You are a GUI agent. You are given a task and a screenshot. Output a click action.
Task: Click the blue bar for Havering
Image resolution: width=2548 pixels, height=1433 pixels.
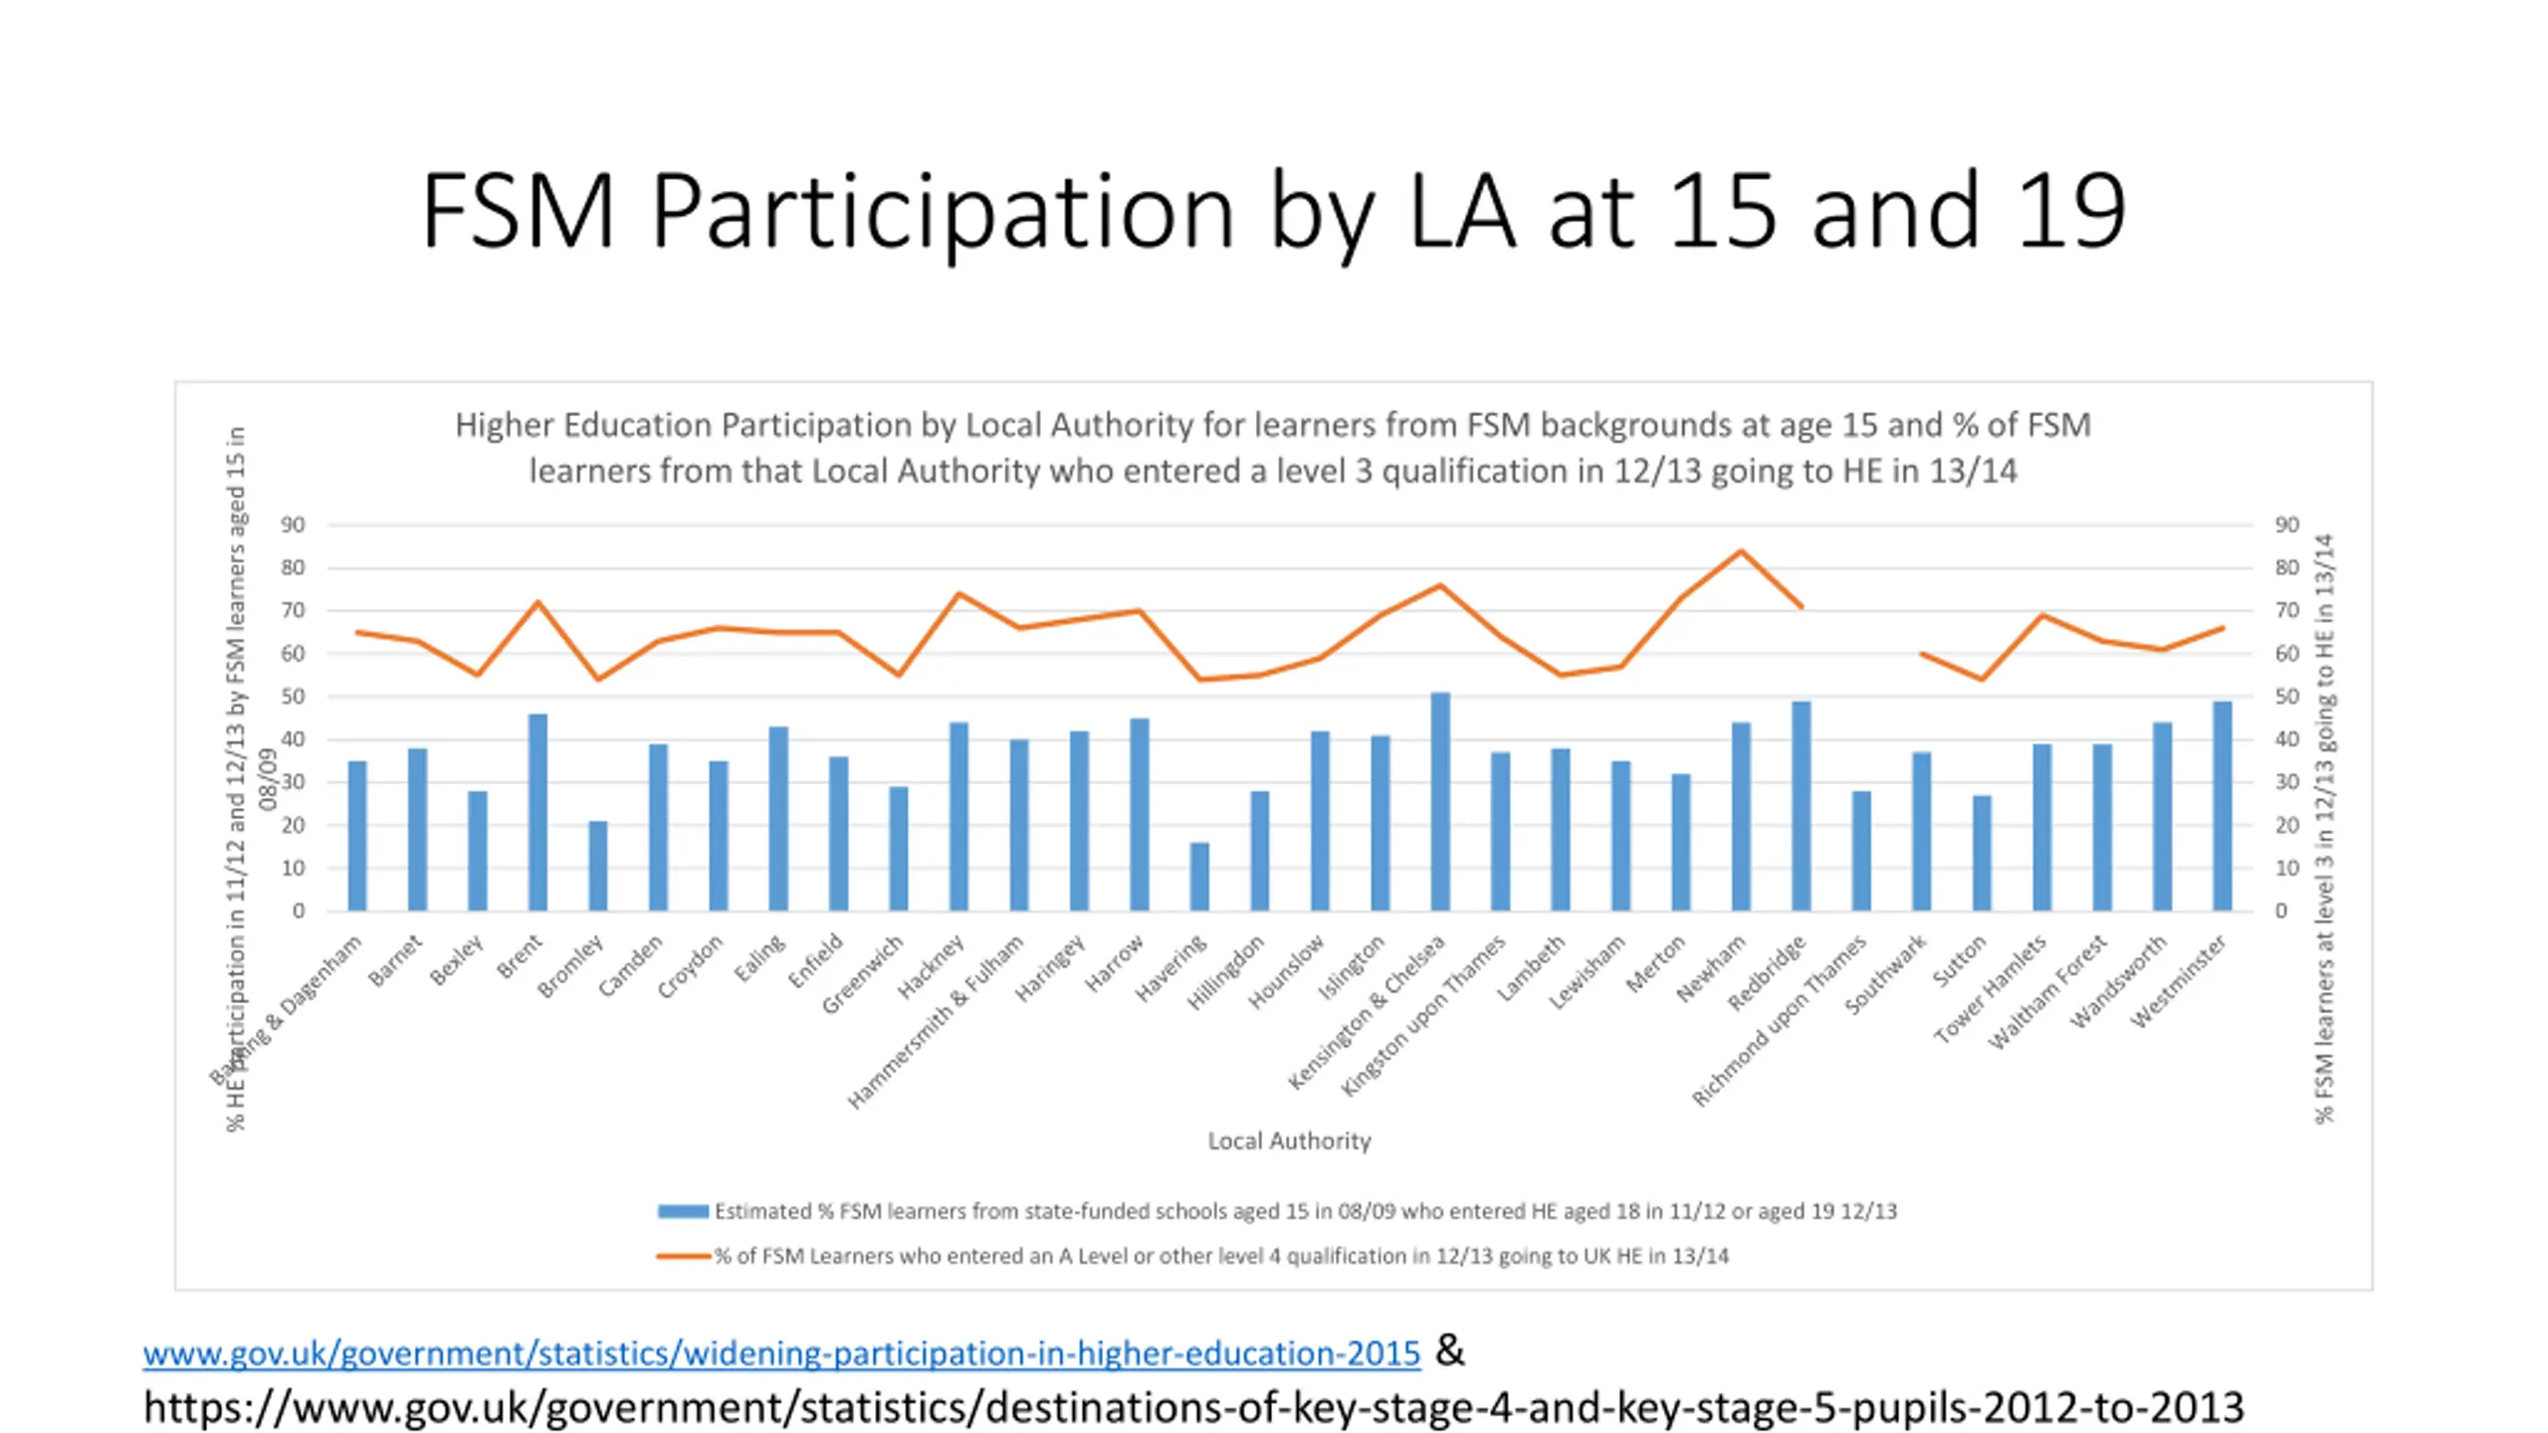(x=1199, y=877)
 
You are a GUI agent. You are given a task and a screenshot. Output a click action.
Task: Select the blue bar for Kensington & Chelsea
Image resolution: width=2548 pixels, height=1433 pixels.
(x=1440, y=802)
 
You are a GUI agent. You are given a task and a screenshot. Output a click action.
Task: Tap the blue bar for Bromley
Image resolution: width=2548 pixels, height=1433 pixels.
(x=598, y=866)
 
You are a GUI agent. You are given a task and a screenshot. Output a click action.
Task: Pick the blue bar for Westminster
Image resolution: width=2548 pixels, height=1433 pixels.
(x=2223, y=806)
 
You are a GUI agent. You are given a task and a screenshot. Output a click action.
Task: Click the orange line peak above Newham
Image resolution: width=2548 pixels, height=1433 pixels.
(x=1740, y=551)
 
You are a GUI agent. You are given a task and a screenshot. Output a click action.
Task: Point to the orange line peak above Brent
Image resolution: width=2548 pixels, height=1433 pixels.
(x=537, y=602)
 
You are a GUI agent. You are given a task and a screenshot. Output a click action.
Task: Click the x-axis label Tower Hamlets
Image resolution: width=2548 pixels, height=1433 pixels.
(x=1990, y=989)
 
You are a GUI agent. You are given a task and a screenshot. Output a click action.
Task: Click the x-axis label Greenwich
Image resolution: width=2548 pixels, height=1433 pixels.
(x=863, y=974)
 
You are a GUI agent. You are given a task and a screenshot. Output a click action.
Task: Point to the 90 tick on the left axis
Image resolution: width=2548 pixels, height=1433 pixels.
(x=293, y=524)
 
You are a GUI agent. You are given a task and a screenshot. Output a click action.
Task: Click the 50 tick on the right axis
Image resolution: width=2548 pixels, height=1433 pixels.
(x=2287, y=697)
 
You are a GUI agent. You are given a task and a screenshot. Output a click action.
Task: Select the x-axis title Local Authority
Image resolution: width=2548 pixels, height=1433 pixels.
(x=1289, y=1140)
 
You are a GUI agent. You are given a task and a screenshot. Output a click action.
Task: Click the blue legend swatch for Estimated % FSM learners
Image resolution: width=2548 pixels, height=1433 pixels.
(x=683, y=1211)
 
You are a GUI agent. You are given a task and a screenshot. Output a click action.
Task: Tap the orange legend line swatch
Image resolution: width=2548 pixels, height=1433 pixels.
(x=683, y=1256)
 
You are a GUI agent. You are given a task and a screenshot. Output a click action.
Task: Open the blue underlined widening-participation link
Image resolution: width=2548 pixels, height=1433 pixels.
(x=781, y=1353)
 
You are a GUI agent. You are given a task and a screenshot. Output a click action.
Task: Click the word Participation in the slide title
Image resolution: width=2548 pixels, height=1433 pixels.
(x=943, y=211)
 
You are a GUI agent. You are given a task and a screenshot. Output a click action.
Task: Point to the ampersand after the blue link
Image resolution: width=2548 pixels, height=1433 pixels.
(x=1450, y=1351)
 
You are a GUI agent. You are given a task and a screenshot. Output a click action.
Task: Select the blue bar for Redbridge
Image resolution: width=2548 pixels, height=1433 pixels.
(x=1801, y=806)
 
